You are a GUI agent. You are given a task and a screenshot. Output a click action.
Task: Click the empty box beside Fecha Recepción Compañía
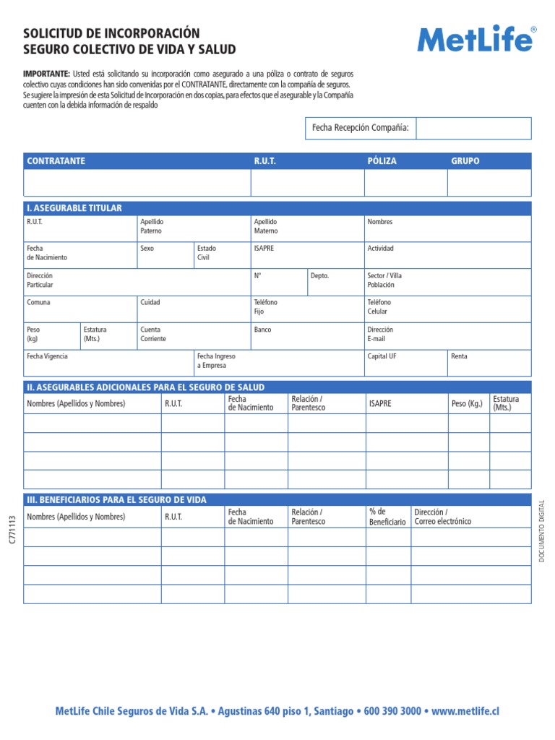tap(473, 128)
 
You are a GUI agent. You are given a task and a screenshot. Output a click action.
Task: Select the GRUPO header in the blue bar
tap(465, 161)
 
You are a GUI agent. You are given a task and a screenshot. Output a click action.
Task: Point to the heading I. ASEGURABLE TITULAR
tap(74, 208)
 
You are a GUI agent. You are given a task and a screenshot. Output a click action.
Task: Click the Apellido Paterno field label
tap(152, 226)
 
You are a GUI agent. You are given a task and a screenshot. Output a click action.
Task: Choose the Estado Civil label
tap(206, 253)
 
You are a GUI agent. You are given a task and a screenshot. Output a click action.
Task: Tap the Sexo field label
tap(147, 249)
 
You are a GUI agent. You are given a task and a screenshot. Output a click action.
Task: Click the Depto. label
tap(319, 275)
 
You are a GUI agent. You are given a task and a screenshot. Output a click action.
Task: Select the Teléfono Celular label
tap(379, 306)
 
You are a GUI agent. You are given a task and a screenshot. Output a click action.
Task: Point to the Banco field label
tap(262, 330)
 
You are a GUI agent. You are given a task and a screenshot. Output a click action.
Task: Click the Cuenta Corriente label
tap(153, 334)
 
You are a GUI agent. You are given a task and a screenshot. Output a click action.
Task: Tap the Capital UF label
tap(382, 356)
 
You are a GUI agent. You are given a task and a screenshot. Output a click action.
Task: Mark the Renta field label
tap(459, 356)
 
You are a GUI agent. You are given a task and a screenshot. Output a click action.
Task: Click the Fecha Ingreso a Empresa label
tap(216, 361)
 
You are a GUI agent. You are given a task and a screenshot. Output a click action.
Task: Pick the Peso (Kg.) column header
tap(467, 403)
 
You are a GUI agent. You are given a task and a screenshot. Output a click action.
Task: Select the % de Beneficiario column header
tap(387, 517)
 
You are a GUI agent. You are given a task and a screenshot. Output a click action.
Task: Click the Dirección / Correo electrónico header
tap(442, 517)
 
